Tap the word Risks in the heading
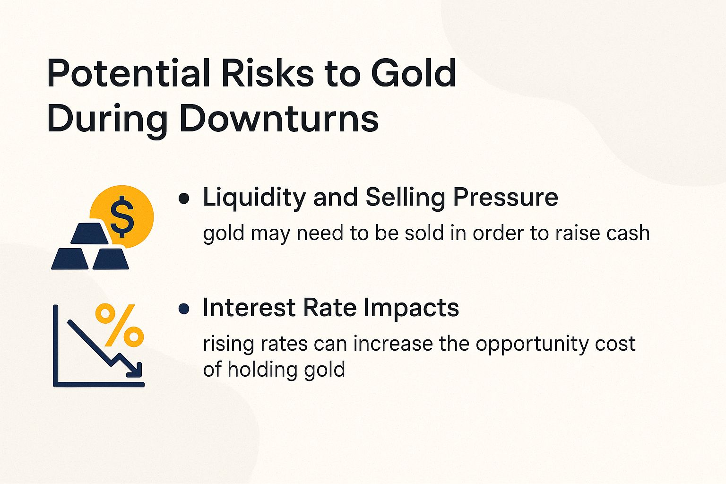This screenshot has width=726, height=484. point(268,74)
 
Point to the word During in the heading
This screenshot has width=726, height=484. point(107,119)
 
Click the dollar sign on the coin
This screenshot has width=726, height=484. point(122,216)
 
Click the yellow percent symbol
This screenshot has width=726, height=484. point(120,325)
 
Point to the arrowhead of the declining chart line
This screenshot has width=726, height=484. point(136,370)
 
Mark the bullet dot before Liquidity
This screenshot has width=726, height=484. point(184,199)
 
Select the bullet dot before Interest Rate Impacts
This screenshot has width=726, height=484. point(184,310)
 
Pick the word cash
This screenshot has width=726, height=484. point(628,233)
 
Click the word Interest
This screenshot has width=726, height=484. point(249,308)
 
